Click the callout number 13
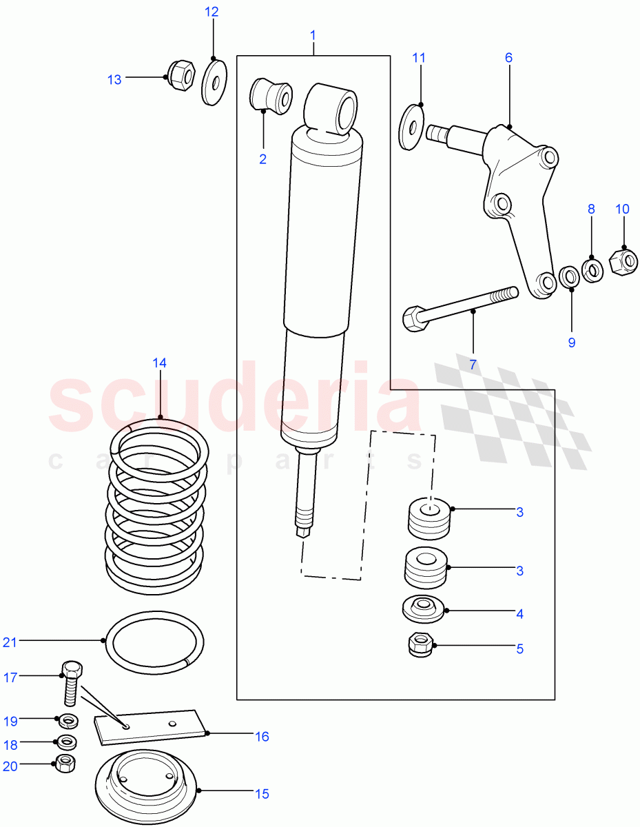114,80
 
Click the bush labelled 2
272,96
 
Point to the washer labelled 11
411,126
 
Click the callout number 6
508,58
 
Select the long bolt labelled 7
458,307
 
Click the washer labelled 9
569,277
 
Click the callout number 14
160,363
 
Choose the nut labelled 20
65,763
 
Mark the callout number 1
313,34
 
